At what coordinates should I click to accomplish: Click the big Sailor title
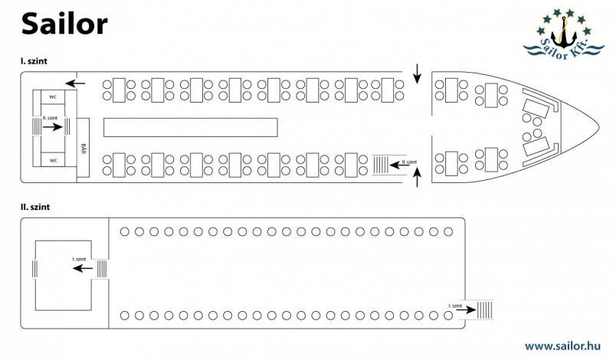coord(64,24)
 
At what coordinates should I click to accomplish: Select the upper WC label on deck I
coord(54,97)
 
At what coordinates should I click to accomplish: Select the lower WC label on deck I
coord(54,160)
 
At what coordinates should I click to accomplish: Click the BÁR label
coord(84,147)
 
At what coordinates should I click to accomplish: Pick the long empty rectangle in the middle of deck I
coord(190,126)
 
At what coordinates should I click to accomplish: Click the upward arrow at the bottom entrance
coord(417,179)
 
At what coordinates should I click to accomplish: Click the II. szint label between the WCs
coord(52,118)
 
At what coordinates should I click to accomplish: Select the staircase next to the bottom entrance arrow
coord(381,163)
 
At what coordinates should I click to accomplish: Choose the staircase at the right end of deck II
coord(485,309)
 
